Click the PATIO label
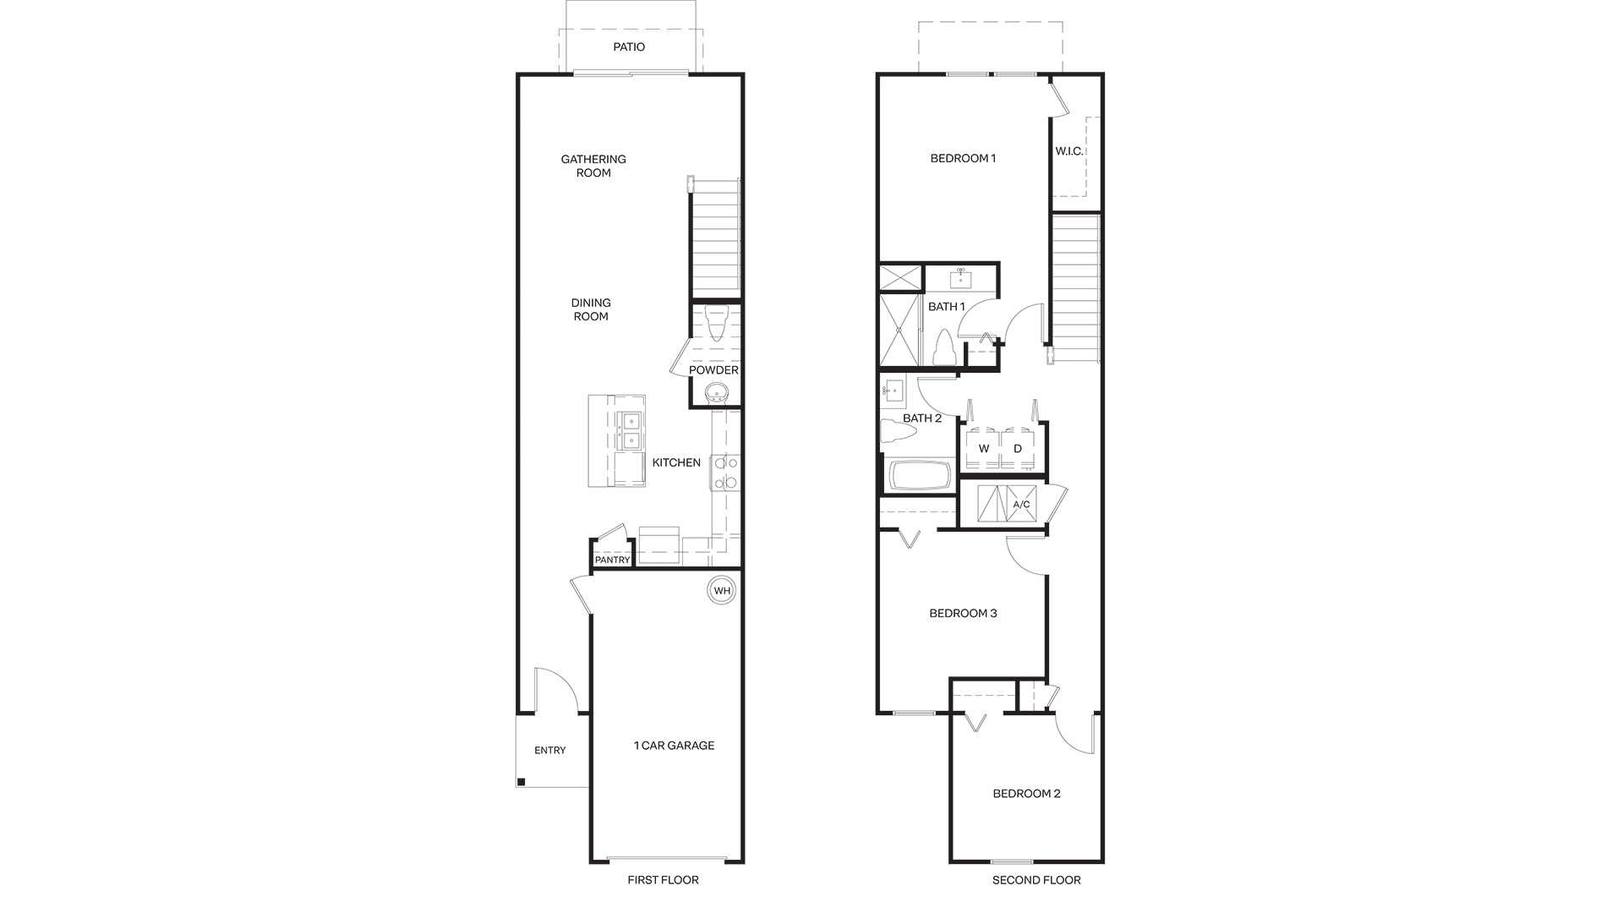point(629,46)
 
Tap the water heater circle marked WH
point(722,590)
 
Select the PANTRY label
point(612,560)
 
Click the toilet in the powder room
point(716,323)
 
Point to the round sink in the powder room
point(717,393)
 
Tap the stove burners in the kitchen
point(725,473)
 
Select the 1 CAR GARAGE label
point(674,746)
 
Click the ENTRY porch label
point(550,751)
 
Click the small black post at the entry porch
point(522,782)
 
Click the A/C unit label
point(1021,505)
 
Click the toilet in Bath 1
point(944,347)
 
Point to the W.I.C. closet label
point(1069,151)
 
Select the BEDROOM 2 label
point(1026,794)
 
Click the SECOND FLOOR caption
point(1036,880)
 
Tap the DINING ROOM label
point(591,309)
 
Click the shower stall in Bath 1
point(899,329)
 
